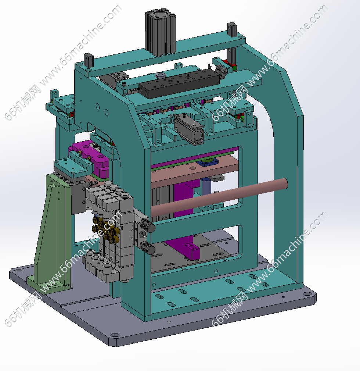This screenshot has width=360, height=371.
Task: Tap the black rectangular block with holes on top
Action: coord(179,83)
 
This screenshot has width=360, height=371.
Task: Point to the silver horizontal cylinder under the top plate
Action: coord(189,129)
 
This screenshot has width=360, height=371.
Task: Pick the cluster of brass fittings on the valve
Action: coord(105,229)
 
